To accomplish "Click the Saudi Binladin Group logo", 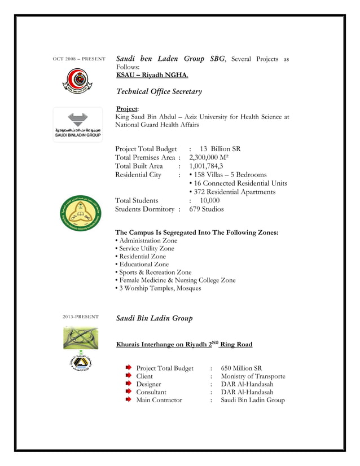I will coord(78,125).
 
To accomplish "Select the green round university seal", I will coord(78,213).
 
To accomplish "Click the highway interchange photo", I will coord(80,338).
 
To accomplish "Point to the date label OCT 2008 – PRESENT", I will coord(79,59).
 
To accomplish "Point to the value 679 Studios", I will coord(207,209).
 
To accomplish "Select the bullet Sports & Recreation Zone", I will coord(153,272).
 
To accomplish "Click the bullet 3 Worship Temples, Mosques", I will coord(158,288).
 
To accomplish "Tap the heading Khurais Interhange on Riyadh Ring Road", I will coord(184,344).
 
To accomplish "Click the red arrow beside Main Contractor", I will coord(128,399).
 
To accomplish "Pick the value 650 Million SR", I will coord(242,368).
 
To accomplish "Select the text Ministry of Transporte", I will coord(253,376).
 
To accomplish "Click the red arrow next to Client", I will coord(128,376).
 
